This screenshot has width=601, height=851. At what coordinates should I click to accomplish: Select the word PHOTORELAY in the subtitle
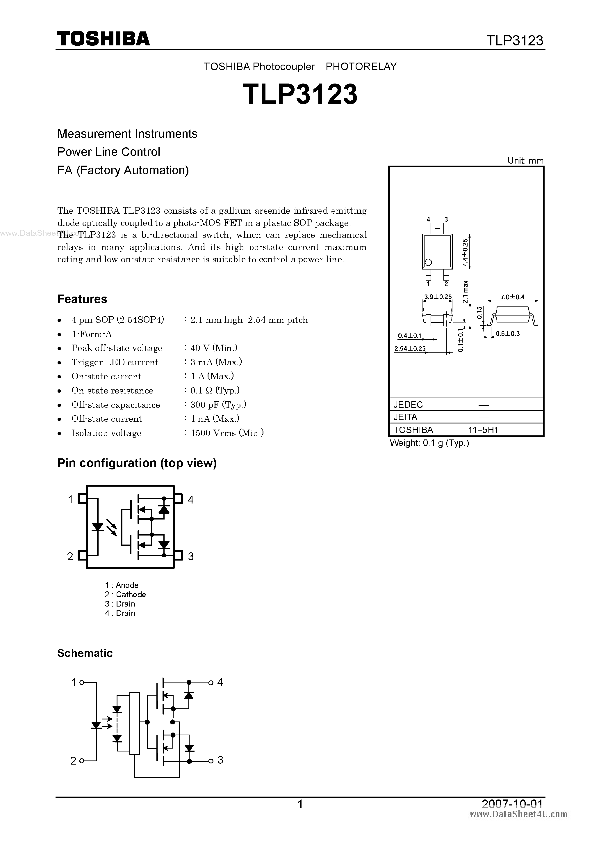pos(361,67)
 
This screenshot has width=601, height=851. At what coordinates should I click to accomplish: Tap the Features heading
pos(82,299)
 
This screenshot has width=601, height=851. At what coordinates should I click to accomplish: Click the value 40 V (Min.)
pos(214,348)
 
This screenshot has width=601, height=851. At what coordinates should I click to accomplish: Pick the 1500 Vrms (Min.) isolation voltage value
pos(227,433)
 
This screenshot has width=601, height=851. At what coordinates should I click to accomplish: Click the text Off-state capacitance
pos(115,405)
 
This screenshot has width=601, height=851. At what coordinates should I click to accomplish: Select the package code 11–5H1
pos(483,430)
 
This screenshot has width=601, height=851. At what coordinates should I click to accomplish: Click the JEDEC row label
pos(408,405)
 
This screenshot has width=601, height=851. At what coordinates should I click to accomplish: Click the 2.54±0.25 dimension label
pos(410,349)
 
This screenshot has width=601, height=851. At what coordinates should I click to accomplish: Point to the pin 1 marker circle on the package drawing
pos(429,263)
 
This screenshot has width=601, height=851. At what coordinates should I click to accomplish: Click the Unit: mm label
pos(525,160)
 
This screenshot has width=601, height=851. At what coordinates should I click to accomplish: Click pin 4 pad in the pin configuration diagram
pos(179,499)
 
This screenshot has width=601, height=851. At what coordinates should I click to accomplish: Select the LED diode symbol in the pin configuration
pos(98,527)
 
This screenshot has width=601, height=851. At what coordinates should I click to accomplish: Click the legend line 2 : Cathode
pos(125,595)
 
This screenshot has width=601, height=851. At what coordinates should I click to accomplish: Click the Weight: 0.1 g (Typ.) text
pos(429,443)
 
